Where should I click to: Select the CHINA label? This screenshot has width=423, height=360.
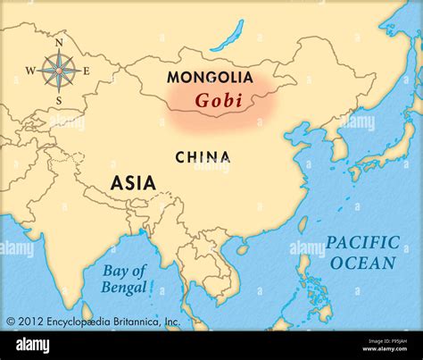click(203, 157)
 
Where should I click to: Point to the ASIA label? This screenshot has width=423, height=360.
click(133, 183)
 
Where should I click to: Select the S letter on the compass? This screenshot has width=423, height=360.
click(59, 100)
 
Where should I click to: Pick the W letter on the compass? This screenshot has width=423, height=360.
click(29, 71)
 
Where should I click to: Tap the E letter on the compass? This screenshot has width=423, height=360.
click(87, 71)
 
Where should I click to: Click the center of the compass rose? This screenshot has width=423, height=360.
click(59, 71)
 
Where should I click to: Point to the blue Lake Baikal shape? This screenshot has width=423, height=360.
click(228, 36)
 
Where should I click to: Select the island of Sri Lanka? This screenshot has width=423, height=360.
click(87, 313)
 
